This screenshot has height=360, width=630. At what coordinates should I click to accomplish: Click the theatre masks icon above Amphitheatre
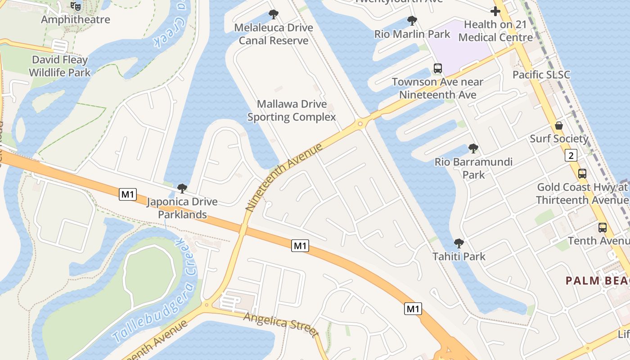click(76, 6)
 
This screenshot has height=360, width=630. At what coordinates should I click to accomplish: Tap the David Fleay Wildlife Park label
click(60, 66)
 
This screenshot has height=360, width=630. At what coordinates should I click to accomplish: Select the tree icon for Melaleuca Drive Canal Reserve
click(273, 14)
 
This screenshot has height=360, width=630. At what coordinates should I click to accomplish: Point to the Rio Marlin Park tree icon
click(412, 20)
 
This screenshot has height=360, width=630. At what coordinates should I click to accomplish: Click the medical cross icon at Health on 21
click(495, 11)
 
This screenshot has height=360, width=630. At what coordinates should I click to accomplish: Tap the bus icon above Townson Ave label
click(437, 68)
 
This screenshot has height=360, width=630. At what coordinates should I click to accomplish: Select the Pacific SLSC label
click(541, 75)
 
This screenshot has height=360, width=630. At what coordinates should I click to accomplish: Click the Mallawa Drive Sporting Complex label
click(292, 111)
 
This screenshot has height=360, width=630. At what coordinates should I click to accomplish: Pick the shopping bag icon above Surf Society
click(559, 125)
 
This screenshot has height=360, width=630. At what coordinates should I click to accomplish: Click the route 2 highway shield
click(571, 156)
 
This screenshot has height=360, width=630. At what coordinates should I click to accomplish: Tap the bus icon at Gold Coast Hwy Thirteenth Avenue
click(582, 173)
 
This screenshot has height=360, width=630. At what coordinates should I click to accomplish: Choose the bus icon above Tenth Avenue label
click(603, 228)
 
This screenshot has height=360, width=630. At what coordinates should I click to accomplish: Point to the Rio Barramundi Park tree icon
click(473, 148)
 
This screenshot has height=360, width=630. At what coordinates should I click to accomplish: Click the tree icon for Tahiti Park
click(459, 243)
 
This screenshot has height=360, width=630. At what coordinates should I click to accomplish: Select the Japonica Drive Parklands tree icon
click(182, 188)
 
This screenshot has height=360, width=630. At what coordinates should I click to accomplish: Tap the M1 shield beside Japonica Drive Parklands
click(128, 194)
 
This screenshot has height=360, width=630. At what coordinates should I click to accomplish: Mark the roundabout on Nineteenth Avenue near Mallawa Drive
click(360, 123)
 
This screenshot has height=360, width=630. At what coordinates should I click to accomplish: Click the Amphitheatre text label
click(76, 20)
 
